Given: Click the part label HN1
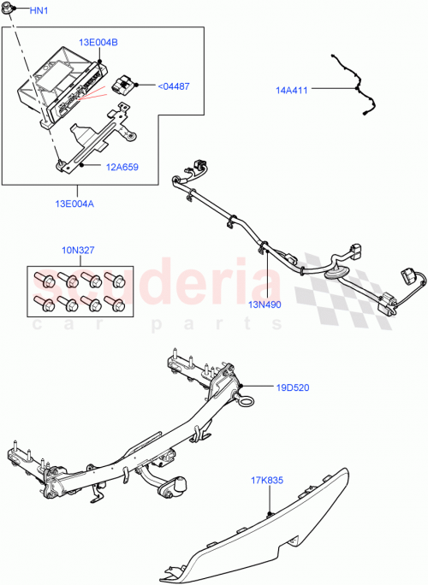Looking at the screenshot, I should point(39,11).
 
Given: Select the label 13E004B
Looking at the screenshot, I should point(99,42).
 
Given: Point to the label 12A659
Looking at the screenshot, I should point(122,168).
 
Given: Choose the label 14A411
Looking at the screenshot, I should point(294,88).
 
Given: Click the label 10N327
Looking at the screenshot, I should point(77,251).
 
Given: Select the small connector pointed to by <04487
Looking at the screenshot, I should point(122,84).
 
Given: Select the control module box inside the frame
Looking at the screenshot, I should point(60,86).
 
